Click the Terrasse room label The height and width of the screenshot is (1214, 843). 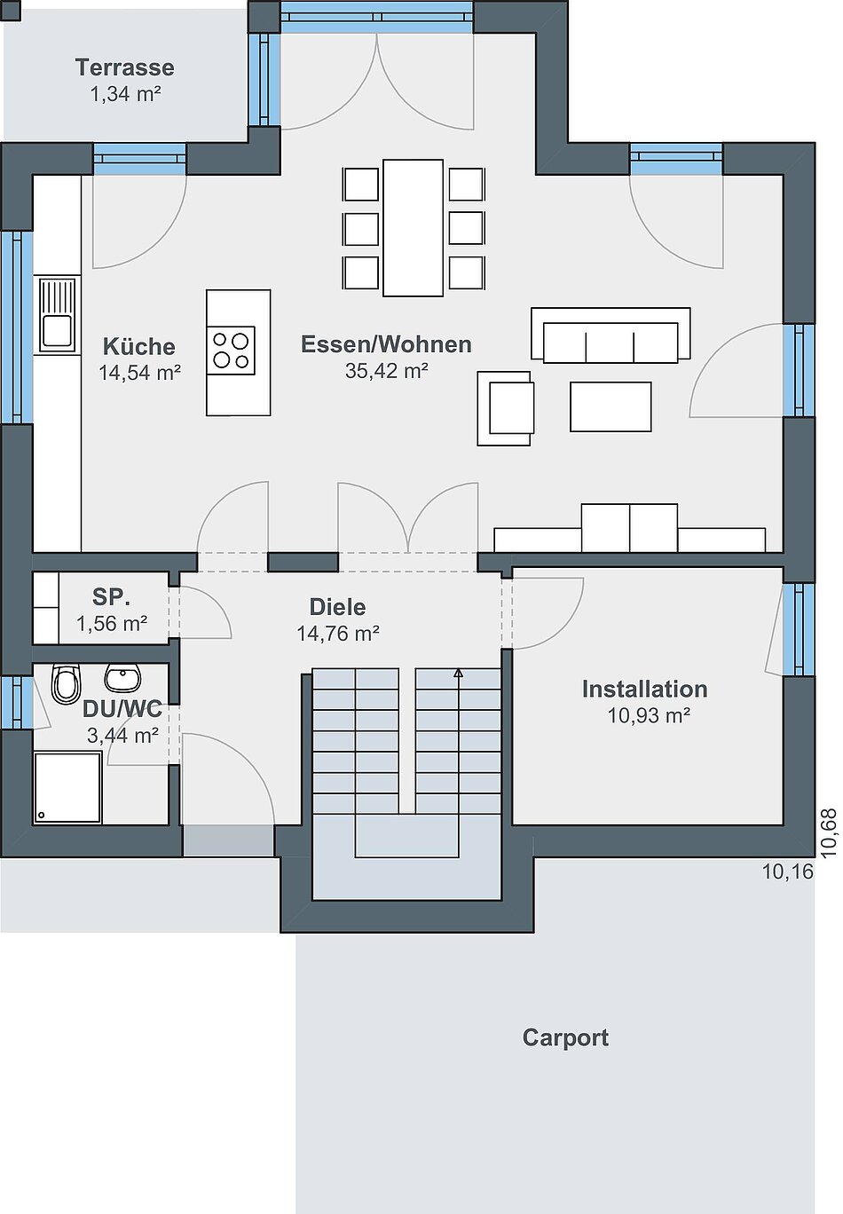click(124, 67)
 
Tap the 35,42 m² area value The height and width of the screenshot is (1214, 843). click(386, 371)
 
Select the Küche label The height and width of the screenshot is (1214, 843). click(139, 346)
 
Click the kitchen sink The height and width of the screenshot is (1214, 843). click(57, 315)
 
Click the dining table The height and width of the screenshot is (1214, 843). click(413, 227)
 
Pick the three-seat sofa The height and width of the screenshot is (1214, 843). click(611, 335)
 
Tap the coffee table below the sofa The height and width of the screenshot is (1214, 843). click(611, 406)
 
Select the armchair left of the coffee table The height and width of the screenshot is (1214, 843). click(505, 408)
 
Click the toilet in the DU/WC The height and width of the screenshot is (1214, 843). click(66, 683)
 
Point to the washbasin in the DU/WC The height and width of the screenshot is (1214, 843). click(123, 677)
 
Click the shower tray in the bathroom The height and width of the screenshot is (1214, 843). click(67, 787)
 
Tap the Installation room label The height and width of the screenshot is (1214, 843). click(645, 690)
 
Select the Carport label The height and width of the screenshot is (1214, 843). click(565, 1038)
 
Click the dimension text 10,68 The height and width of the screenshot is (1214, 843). click(830, 833)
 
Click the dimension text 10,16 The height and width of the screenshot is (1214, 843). click(788, 871)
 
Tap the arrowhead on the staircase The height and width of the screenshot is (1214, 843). click(459, 674)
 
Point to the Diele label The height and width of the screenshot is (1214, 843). click(337, 607)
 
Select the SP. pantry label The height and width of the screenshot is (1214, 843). click(111, 596)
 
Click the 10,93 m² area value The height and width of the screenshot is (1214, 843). click(649, 716)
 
